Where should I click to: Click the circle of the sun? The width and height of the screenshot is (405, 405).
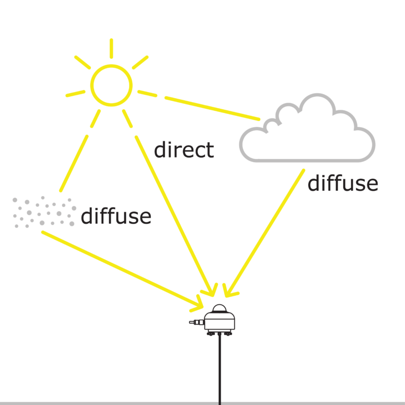coord(111,85)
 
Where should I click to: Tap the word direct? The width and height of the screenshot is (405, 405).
coord(184,150)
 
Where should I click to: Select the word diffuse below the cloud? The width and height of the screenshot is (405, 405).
coord(343,184)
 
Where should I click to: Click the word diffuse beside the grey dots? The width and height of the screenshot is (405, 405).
coord(116,217)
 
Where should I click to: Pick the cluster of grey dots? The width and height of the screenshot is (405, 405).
coord(44,212)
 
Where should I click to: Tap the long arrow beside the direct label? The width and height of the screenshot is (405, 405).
coord(172,213)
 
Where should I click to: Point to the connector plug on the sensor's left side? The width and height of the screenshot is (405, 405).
coord(195,322)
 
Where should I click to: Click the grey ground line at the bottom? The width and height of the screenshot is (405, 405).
coord(101,403)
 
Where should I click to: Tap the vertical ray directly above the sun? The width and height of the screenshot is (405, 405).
coord(111,49)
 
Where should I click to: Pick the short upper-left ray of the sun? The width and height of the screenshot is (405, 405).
coord(83,62)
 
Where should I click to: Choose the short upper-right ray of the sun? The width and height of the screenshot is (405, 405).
coord(140,62)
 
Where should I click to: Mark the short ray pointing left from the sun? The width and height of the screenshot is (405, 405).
coord(75,93)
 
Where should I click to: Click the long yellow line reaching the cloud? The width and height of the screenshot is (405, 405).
coord(213,108)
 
